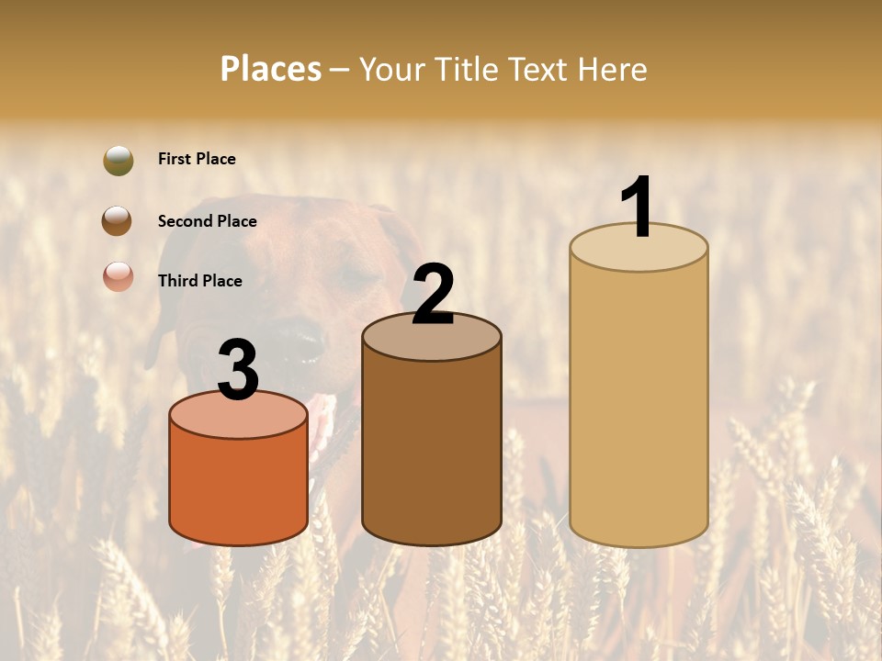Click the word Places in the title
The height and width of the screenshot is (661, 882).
(x=270, y=69)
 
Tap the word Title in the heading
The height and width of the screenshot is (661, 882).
(x=465, y=69)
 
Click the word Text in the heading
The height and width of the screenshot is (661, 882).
(x=540, y=69)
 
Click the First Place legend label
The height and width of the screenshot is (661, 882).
(x=197, y=159)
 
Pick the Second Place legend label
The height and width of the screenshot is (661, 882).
(x=207, y=221)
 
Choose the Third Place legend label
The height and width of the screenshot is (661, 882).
(x=199, y=281)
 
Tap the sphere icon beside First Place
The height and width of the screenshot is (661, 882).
(x=119, y=160)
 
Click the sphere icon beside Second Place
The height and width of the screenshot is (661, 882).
(x=117, y=221)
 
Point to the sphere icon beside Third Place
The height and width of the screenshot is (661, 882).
(x=119, y=276)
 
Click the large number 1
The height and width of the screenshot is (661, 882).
(x=638, y=207)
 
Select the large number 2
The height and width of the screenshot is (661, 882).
(x=433, y=296)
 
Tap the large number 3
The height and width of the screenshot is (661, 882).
(x=238, y=372)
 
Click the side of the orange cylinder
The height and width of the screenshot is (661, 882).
(x=238, y=487)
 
